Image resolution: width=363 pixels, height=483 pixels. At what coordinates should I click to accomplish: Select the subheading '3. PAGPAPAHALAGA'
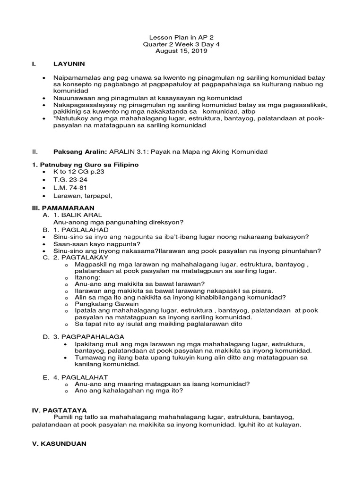click(89, 336)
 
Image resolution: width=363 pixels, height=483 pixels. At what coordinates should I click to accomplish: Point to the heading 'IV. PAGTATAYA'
click(60, 410)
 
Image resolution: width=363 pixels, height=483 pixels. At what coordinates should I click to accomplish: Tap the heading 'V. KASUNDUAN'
click(59, 444)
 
